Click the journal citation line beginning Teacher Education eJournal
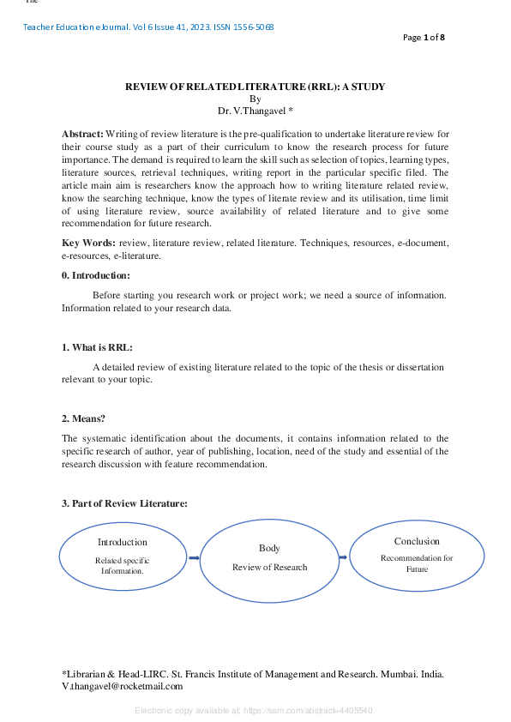(148, 27)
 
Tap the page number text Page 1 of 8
(424, 38)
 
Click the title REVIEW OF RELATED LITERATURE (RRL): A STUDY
(255, 87)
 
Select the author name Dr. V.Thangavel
(255, 110)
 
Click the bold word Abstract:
(82, 134)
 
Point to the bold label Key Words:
(89, 244)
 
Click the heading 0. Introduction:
(96, 275)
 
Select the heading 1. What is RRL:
(97, 347)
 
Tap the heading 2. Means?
(83, 418)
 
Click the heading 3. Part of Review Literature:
(124, 503)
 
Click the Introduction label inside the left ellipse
(122, 542)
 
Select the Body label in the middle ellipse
(269, 548)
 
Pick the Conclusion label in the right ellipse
(417, 541)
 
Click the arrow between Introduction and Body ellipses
(194, 558)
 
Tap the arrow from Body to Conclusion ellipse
(343, 557)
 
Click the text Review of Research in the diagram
(269, 567)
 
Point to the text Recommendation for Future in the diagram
(417, 563)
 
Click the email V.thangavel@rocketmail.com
(123, 687)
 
